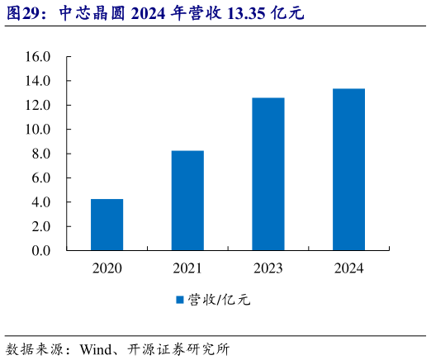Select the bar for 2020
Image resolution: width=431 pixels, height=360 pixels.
[107, 224]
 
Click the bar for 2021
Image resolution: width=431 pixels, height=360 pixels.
[187, 200]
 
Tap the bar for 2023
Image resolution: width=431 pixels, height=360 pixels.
[268, 173]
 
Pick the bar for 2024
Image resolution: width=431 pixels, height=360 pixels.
[348, 169]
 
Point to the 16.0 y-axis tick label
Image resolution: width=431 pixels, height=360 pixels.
[38, 57]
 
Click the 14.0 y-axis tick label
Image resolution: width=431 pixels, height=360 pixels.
[38, 81]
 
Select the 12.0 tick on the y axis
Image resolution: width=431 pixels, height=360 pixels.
[38, 105]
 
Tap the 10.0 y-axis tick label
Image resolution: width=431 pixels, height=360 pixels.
[38, 130]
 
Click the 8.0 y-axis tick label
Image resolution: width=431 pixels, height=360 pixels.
[41, 154]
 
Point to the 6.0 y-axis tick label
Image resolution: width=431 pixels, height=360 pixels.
[41, 178]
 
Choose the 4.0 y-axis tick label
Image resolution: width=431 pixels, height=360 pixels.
[41, 201]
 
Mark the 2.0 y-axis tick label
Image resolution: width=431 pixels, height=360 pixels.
[41, 225]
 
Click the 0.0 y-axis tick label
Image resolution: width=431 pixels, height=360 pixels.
[41, 250]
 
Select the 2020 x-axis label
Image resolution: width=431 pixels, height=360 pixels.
[107, 268]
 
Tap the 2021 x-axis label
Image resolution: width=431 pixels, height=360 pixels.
[187, 268]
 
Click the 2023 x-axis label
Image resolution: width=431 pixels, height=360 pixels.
[268, 268]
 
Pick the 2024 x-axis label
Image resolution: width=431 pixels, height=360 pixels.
[348, 268]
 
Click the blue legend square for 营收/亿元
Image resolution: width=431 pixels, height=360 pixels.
[180, 300]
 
